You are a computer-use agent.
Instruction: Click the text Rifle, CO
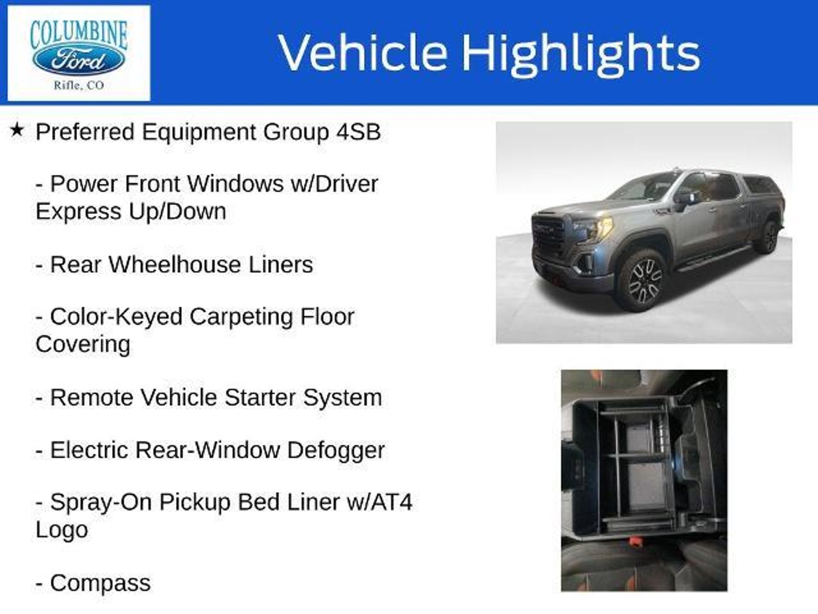[x=79, y=85]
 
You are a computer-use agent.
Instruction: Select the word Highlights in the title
[x=581, y=54]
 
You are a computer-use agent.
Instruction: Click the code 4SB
[x=359, y=132]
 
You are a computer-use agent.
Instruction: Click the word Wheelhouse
[x=175, y=265]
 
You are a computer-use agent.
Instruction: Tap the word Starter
[x=260, y=398]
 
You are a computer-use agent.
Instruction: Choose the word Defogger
[x=336, y=451]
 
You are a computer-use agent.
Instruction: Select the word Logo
[x=62, y=530]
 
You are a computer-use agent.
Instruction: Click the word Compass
[x=100, y=584]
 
